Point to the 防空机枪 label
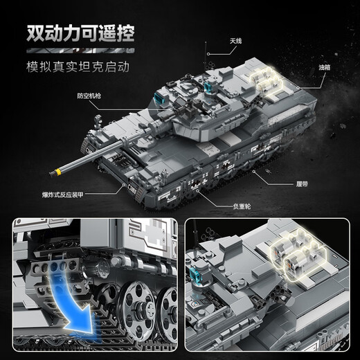point(109,96)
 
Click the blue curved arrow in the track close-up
point(69,298)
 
